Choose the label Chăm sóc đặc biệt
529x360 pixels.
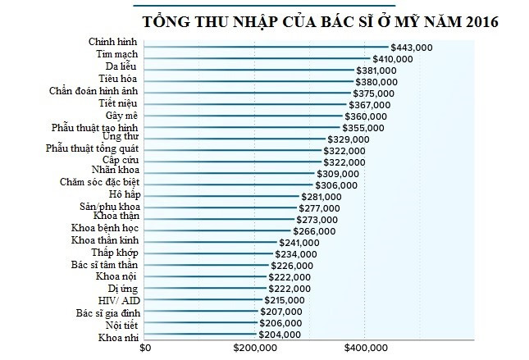[104, 181]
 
